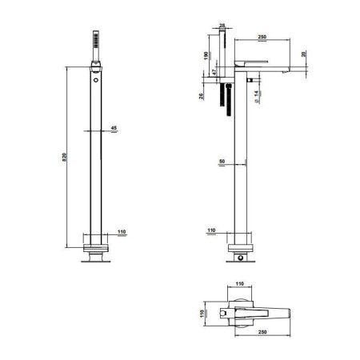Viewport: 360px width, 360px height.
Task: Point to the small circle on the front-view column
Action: point(96,80)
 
